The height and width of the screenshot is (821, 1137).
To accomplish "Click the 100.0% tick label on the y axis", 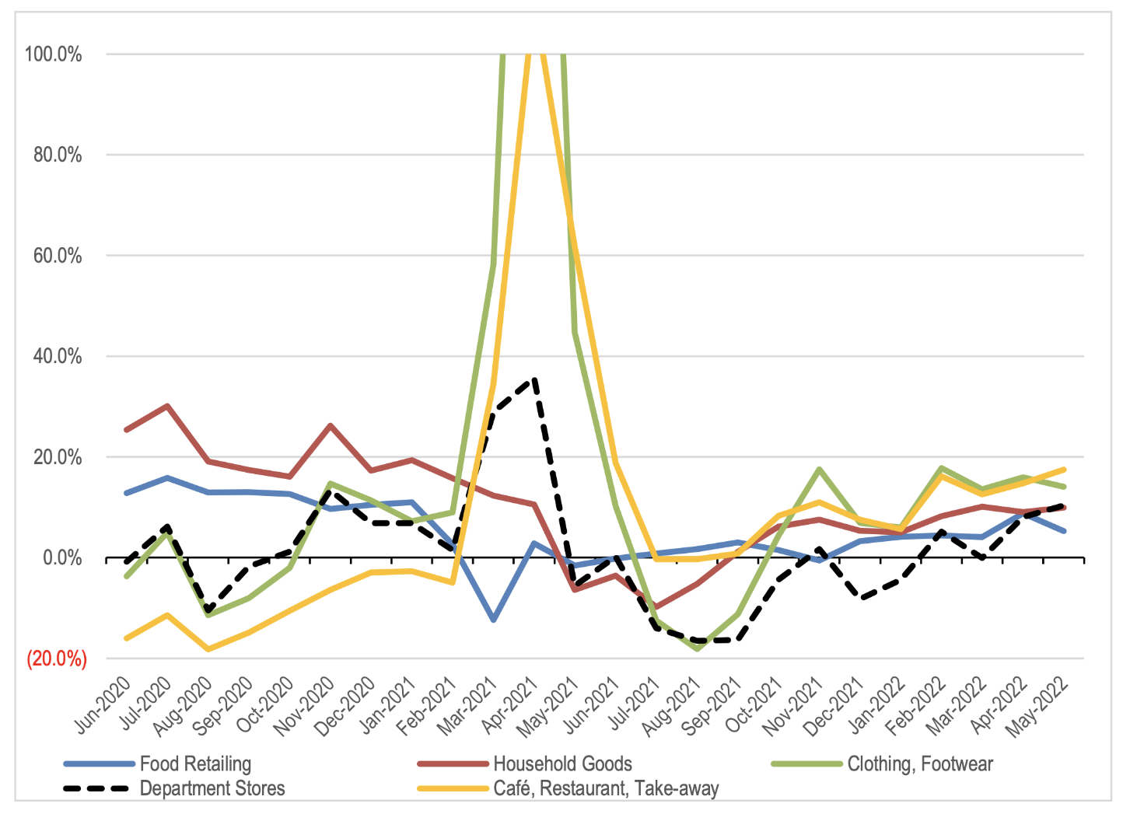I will point(54,54).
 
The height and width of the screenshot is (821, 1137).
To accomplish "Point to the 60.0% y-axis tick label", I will point(58,256).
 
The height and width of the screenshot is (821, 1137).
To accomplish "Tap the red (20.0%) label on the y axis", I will point(57,659).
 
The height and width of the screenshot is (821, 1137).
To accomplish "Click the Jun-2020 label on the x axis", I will point(103,705).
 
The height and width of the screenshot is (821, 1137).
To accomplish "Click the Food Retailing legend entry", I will point(195,764).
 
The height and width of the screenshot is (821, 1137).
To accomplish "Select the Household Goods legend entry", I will point(562,764).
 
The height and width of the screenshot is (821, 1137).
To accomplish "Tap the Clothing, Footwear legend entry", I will point(920,764).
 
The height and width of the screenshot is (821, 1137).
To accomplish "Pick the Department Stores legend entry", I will point(212,788).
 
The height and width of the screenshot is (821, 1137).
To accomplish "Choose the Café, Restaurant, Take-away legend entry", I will point(606,788).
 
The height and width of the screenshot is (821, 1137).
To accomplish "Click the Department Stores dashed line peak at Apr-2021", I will point(534,379).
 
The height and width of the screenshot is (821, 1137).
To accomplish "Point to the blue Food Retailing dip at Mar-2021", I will point(493,620).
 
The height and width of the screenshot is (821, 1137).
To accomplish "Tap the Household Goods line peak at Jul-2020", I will point(167,406).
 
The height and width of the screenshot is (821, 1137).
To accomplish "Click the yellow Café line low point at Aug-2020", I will point(208,649).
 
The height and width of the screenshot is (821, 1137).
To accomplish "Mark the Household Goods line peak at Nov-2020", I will point(331,425).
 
